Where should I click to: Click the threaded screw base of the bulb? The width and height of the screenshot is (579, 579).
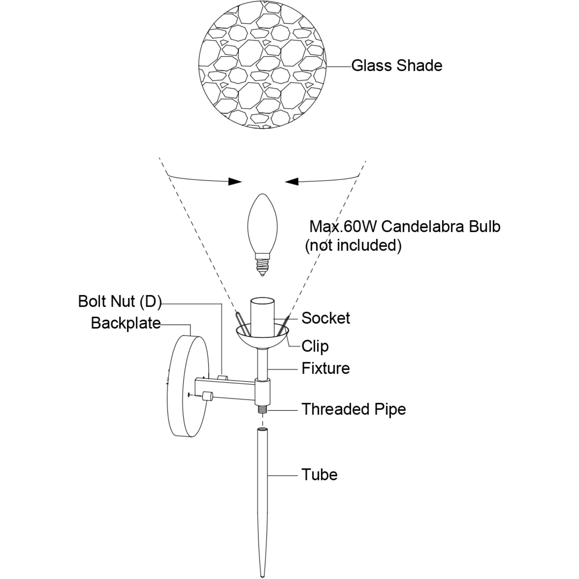[262, 265]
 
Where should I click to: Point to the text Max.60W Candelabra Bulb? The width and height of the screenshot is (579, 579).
[405, 227]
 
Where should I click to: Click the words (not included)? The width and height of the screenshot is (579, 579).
[353, 246]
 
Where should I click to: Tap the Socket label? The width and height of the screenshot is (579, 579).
[325, 318]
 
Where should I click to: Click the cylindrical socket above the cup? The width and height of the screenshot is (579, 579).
[263, 316]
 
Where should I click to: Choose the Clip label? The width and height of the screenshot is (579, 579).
[315, 346]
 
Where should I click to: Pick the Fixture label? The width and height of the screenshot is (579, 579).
[325, 368]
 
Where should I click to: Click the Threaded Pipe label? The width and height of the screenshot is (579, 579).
[354, 409]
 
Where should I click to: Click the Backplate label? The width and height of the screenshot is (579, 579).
[126, 323]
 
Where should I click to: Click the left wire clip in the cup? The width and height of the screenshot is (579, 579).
[241, 324]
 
